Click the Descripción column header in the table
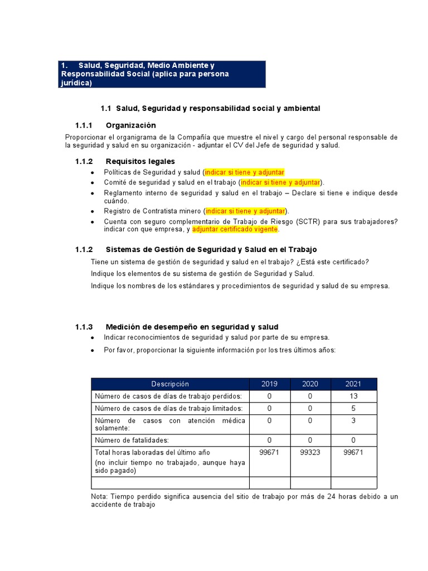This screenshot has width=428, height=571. pyautogui.click(x=170, y=384)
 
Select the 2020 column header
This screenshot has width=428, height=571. pyautogui.click(x=310, y=384)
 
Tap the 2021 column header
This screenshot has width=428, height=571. pyautogui.click(x=353, y=384)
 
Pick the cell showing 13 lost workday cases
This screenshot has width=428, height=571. pyautogui.click(x=353, y=396)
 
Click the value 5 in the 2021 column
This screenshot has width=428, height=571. pyautogui.click(x=353, y=408)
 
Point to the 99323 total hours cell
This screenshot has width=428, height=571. pyautogui.click(x=310, y=452)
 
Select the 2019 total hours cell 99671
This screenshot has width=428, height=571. pyautogui.click(x=270, y=452)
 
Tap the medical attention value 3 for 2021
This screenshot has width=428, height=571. pyautogui.click(x=353, y=420)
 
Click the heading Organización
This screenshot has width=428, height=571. pyautogui.click(x=130, y=125)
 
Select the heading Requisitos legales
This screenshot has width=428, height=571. pyautogui.click(x=140, y=161)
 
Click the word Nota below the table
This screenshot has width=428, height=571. pyautogui.click(x=99, y=496)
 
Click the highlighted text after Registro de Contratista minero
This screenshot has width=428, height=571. pyautogui.click(x=245, y=211)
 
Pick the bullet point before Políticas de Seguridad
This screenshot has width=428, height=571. pyautogui.click(x=92, y=173)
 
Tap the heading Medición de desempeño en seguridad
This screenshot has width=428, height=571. pyautogui.click(x=192, y=327)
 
